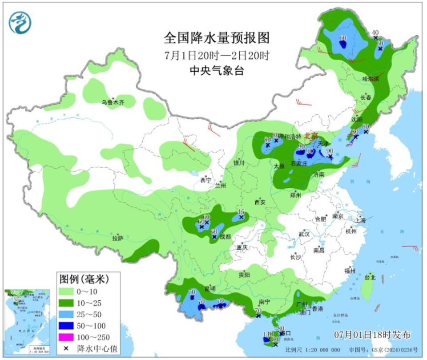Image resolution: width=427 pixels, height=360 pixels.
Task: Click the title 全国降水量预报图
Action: click(217, 39)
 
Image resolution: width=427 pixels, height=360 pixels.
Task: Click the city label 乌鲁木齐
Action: click(112, 102)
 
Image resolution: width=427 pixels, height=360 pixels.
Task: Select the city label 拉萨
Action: click(117, 239)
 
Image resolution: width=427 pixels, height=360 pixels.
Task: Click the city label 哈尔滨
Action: click(370, 79)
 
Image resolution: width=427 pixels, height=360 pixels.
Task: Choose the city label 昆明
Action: click(210, 288)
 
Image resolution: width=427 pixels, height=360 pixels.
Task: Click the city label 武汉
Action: click(304, 234)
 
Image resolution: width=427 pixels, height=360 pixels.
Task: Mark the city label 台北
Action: click(370, 277)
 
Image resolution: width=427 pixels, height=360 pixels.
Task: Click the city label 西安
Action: click(260, 202)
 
